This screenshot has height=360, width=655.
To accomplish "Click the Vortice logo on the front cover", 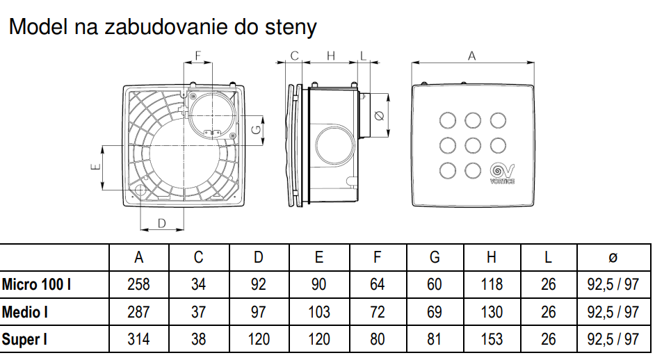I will click(502, 172).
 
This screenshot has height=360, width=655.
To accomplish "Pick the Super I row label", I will click(25, 340).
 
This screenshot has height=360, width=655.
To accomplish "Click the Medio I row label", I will click(25, 312).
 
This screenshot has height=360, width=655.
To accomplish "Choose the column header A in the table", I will click(139, 257).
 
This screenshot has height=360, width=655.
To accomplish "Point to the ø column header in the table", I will click(612, 257).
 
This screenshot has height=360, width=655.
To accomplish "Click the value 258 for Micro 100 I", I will click(139, 284).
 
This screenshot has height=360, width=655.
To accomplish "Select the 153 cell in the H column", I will click(492, 340).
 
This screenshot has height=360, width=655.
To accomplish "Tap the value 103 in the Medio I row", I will click(318, 312).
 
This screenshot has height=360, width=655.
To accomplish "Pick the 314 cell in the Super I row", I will click(139, 340).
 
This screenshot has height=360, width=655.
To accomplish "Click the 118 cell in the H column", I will click(492, 284).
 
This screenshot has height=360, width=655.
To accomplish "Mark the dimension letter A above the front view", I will click(471, 56).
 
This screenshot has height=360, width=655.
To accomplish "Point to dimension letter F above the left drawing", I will click(197, 55).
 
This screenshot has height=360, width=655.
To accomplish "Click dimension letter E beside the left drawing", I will click(96, 166).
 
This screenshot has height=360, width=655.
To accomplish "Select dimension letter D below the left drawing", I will click(161, 223).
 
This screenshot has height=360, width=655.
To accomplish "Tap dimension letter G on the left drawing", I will click(256, 129).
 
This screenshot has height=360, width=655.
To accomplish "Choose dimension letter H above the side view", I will click(331, 56).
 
